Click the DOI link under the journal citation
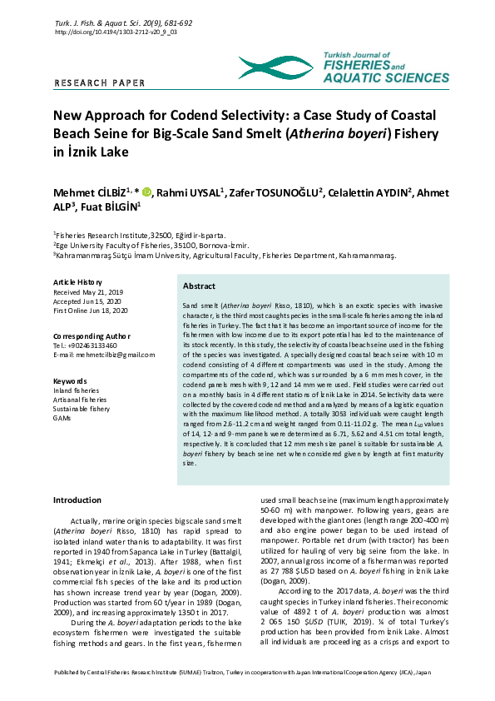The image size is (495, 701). point(116,32)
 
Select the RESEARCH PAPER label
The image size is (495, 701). point(99,83)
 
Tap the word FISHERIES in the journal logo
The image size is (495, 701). point(358,64)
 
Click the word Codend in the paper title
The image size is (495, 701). point(218,116)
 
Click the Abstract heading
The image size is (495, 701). point(199,286)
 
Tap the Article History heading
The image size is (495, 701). point(77,283)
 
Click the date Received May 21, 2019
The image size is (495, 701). point(87,292)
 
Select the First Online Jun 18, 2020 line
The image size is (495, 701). point(92,311)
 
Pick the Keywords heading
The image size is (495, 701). point(70,380)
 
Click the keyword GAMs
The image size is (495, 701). point(63,418)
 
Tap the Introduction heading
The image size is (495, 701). point(77,500)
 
